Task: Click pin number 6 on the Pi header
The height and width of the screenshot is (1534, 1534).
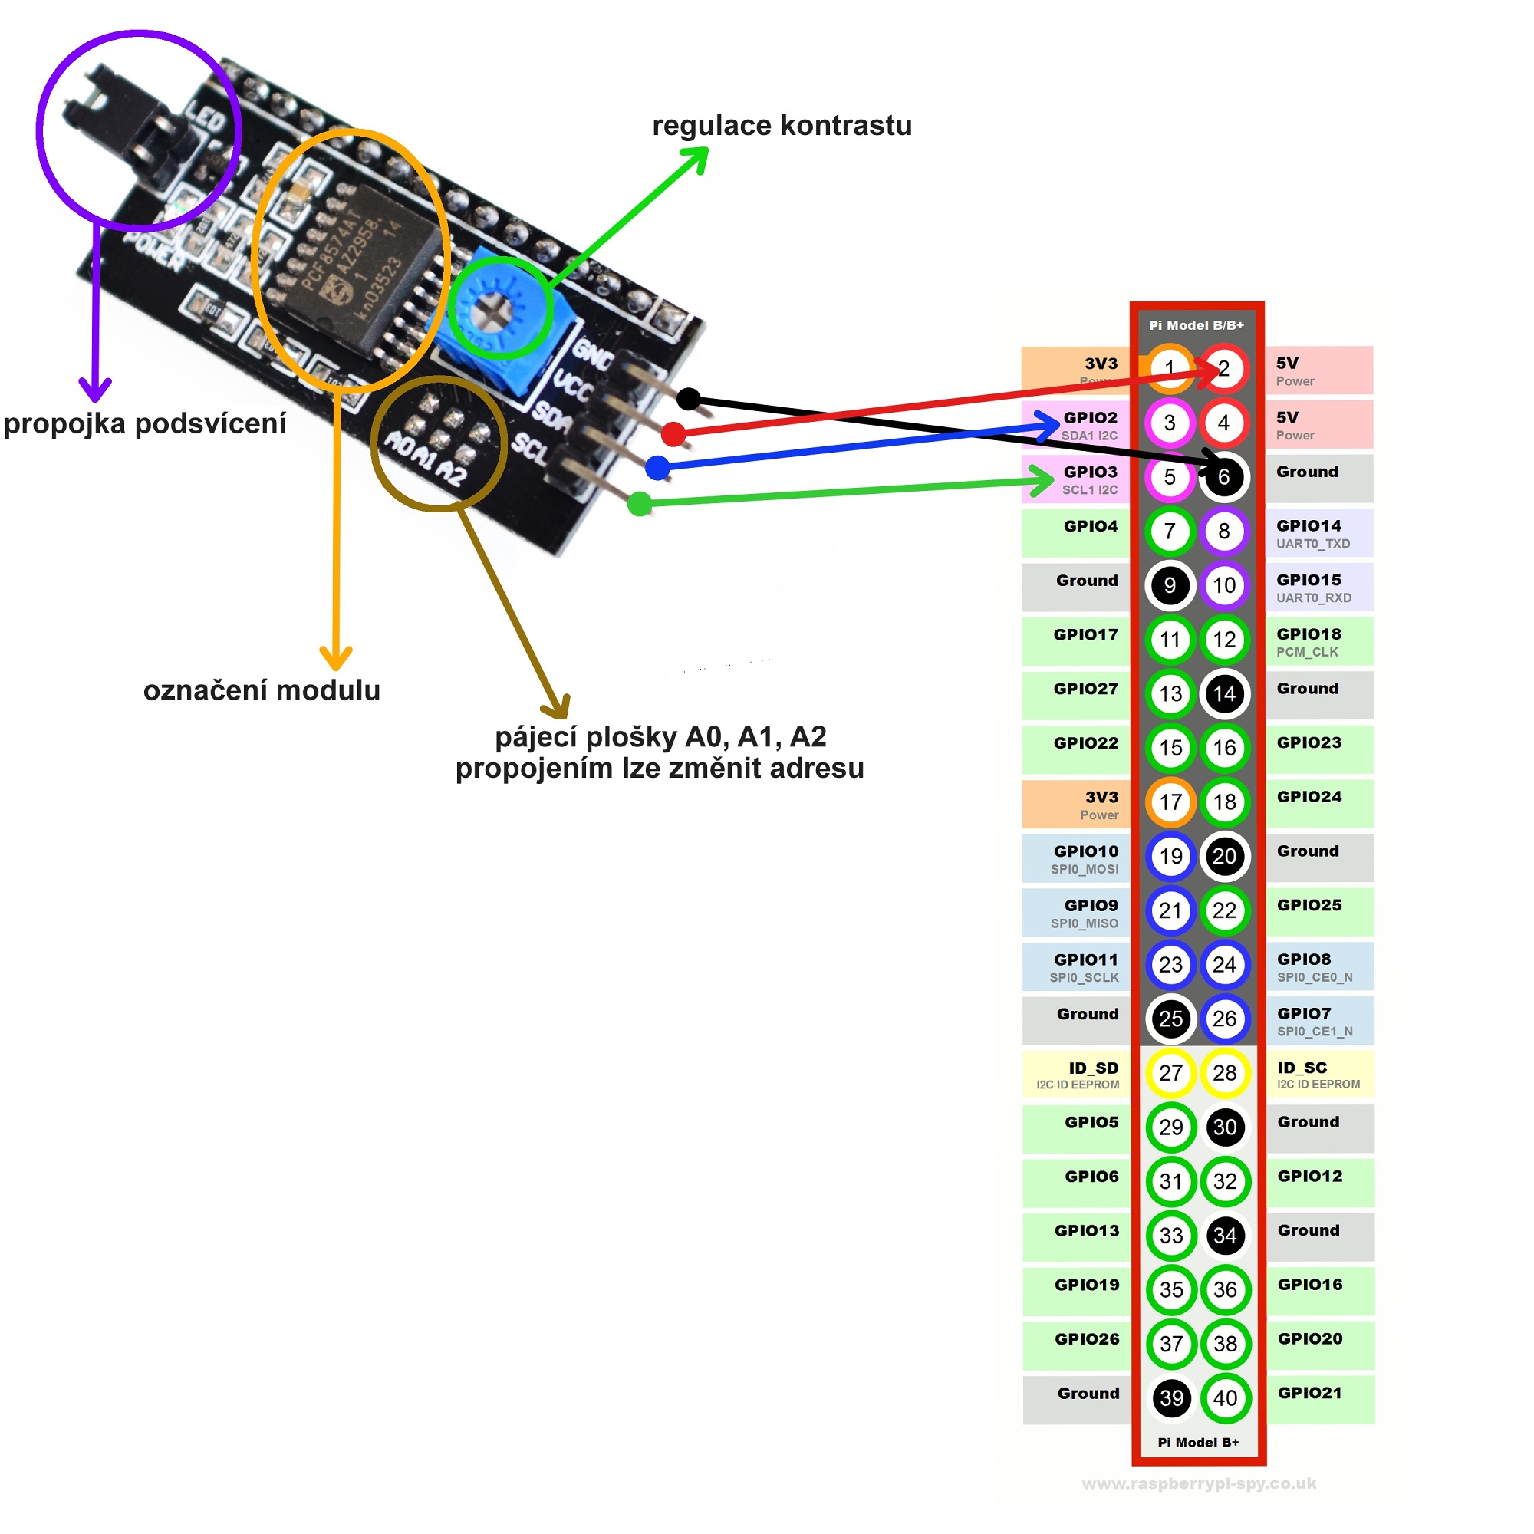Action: [x=1223, y=477]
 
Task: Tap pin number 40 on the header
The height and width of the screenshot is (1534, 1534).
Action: [x=1224, y=1398]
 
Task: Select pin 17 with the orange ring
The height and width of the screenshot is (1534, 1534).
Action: [x=1170, y=802]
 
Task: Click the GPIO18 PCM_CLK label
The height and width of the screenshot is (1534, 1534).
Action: [x=1309, y=641]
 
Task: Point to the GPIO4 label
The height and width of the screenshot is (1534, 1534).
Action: [x=1090, y=526]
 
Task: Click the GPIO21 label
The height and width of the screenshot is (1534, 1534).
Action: [x=1310, y=1393]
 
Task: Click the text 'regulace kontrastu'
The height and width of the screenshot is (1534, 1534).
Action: [x=782, y=126]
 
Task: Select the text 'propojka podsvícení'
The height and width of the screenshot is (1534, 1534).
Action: [x=144, y=423]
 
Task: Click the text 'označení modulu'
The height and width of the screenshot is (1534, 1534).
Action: [x=262, y=690]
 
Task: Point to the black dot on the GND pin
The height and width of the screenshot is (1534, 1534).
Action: [x=689, y=399]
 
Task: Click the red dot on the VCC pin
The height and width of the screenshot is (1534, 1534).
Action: [x=673, y=434]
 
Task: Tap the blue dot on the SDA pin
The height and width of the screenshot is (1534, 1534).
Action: [x=657, y=468]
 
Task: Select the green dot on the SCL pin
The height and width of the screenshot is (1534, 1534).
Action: [x=640, y=503]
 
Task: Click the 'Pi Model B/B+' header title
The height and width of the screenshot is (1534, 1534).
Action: [x=1197, y=325]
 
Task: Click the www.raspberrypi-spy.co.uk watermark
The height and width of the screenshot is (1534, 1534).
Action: [x=1199, y=1483]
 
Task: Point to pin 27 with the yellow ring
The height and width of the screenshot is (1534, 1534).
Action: [x=1170, y=1073]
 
